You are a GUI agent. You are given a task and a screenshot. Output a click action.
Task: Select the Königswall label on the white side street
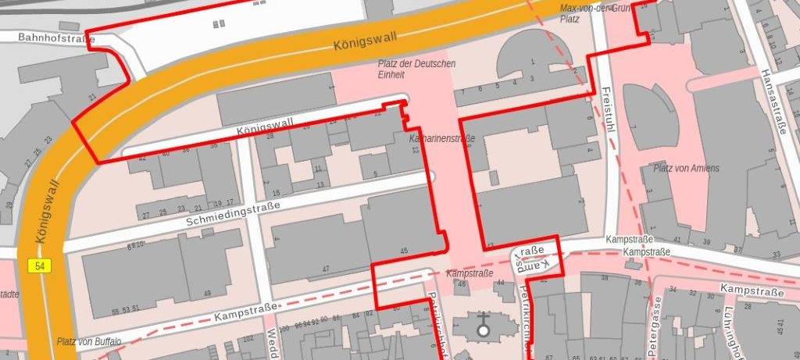(264, 125)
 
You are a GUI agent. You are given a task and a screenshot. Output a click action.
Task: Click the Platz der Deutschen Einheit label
(416, 69)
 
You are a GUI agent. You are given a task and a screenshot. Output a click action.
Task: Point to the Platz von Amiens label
(686, 168)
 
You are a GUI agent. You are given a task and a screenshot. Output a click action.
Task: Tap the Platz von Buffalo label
(88, 342)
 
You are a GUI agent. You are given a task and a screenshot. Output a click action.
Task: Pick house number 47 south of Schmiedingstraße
(325, 269)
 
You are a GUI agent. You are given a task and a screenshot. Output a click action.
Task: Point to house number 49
(207, 293)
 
